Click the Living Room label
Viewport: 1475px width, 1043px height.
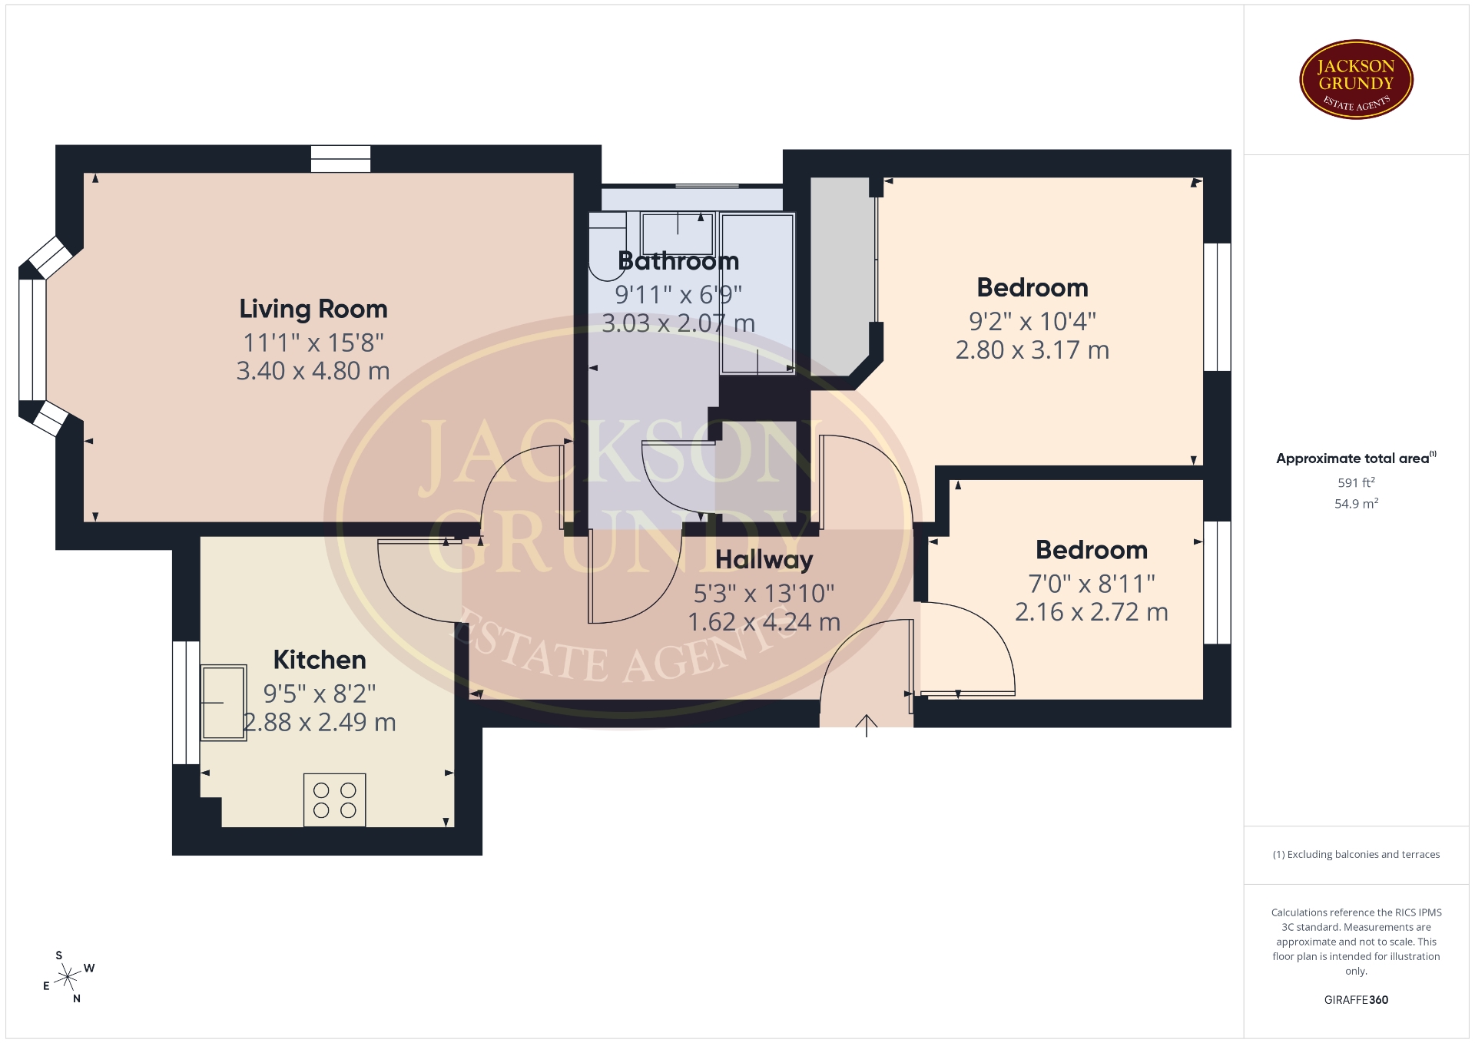pos(313,309)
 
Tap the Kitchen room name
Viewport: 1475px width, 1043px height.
pos(320,660)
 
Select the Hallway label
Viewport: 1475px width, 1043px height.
pos(764,560)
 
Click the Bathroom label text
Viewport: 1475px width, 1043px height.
pos(678,261)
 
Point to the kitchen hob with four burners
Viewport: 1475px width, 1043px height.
pos(335,800)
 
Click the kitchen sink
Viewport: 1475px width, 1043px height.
pos(224,702)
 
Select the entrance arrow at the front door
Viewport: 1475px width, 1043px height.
pos(867,726)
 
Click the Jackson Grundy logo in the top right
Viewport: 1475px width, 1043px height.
pos(1356,80)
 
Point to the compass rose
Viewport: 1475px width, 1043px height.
pos(68,977)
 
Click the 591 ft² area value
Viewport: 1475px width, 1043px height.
pos(1356,482)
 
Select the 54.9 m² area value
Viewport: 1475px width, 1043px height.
pos(1356,504)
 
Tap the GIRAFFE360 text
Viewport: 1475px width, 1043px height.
pos(1356,1000)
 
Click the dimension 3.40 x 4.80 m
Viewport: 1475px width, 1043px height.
pos(313,371)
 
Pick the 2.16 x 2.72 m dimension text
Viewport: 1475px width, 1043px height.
pos(1092,612)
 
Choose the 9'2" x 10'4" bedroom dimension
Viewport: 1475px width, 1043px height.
pos(1032,321)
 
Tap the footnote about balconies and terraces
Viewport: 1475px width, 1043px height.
pos(1356,854)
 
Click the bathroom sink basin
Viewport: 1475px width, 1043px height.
pos(678,233)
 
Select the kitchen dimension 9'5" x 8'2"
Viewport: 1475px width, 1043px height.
pos(320,694)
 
